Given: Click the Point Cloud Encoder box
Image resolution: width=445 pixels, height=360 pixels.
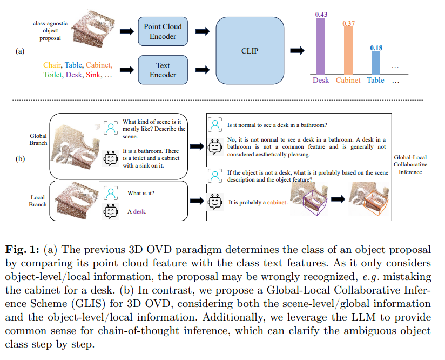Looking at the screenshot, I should [x=163, y=31].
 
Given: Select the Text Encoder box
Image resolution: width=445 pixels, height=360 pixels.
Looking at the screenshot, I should [x=163, y=70].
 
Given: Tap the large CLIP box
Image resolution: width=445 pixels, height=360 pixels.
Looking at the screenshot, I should [x=250, y=51].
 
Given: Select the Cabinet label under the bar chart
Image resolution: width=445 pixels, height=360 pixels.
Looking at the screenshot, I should [x=348, y=80].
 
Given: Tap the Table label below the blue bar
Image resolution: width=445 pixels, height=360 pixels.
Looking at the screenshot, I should [x=376, y=80].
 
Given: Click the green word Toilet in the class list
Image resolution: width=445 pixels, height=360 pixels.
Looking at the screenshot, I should [x=53, y=75].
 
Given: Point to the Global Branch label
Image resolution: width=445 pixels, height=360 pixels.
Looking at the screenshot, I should [x=39, y=139].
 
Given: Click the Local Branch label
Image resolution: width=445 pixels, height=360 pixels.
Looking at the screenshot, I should [x=38, y=201].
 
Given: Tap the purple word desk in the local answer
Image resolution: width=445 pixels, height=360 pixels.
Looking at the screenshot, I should [x=140, y=211].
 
